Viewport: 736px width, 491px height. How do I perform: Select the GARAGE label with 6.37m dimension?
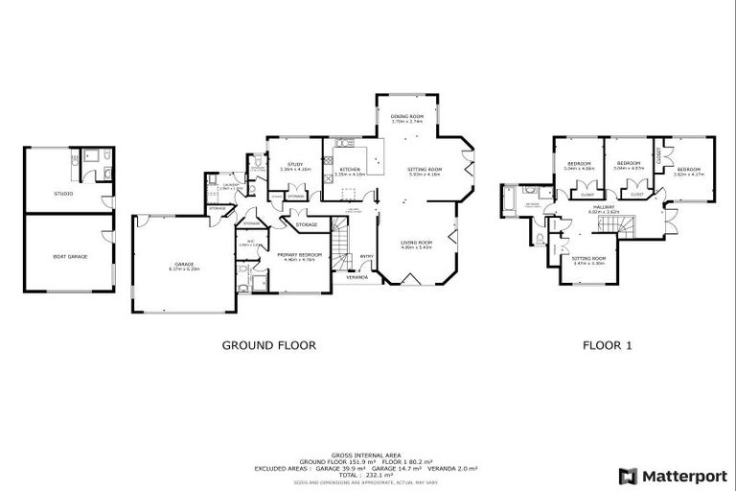pos(184,266)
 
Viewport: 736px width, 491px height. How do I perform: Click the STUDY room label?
pos(291,166)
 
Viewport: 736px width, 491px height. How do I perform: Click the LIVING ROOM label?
pos(417,244)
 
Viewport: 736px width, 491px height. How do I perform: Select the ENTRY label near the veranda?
pos(366,255)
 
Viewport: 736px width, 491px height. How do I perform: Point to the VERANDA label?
pos(356,277)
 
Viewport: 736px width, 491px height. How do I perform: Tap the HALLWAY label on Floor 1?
pos(604,208)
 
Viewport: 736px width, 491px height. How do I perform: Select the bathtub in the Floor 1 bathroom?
pos(509,199)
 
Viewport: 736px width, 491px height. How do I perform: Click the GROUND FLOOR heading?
pos(268,345)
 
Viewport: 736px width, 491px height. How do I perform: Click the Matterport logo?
pos(671,476)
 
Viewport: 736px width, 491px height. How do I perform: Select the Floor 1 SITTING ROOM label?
pos(588,260)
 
